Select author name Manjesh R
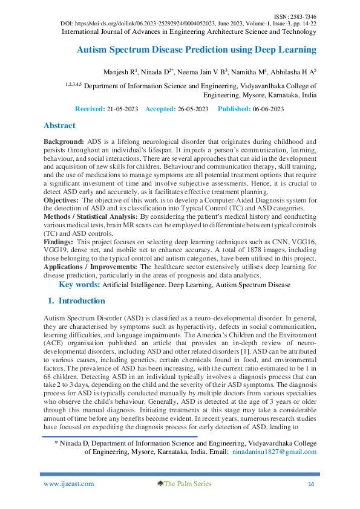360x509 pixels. click(x=119, y=71)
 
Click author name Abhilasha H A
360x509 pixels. click(x=292, y=71)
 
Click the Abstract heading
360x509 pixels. click(x=59, y=126)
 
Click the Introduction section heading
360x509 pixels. click(x=80, y=300)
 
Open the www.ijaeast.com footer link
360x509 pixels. click(x=69, y=484)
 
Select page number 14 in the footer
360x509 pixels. click(x=311, y=484)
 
